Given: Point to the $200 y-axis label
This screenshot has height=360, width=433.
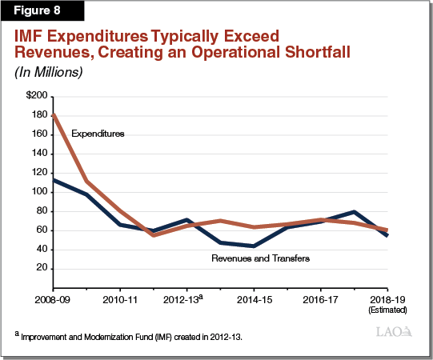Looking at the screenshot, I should [35, 96].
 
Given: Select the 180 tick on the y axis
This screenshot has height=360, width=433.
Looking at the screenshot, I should [38, 115].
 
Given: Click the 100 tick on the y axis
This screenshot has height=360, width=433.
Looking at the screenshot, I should [38, 192].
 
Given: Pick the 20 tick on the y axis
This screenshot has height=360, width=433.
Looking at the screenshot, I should [40, 269].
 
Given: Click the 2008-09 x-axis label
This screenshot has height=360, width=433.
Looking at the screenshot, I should [53, 298].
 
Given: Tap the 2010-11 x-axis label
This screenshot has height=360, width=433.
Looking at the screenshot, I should [120, 298].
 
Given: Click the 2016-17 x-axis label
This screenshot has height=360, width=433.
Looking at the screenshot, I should [321, 298].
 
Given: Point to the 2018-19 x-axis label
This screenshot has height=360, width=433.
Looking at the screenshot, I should [388, 298].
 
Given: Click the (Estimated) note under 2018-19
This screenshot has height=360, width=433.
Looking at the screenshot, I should [388, 309].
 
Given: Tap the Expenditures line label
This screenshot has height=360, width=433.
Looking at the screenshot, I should [98, 133].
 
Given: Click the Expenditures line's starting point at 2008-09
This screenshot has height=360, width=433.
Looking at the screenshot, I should [53, 114].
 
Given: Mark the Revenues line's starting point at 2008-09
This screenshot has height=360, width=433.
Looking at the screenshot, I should [53, 179].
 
